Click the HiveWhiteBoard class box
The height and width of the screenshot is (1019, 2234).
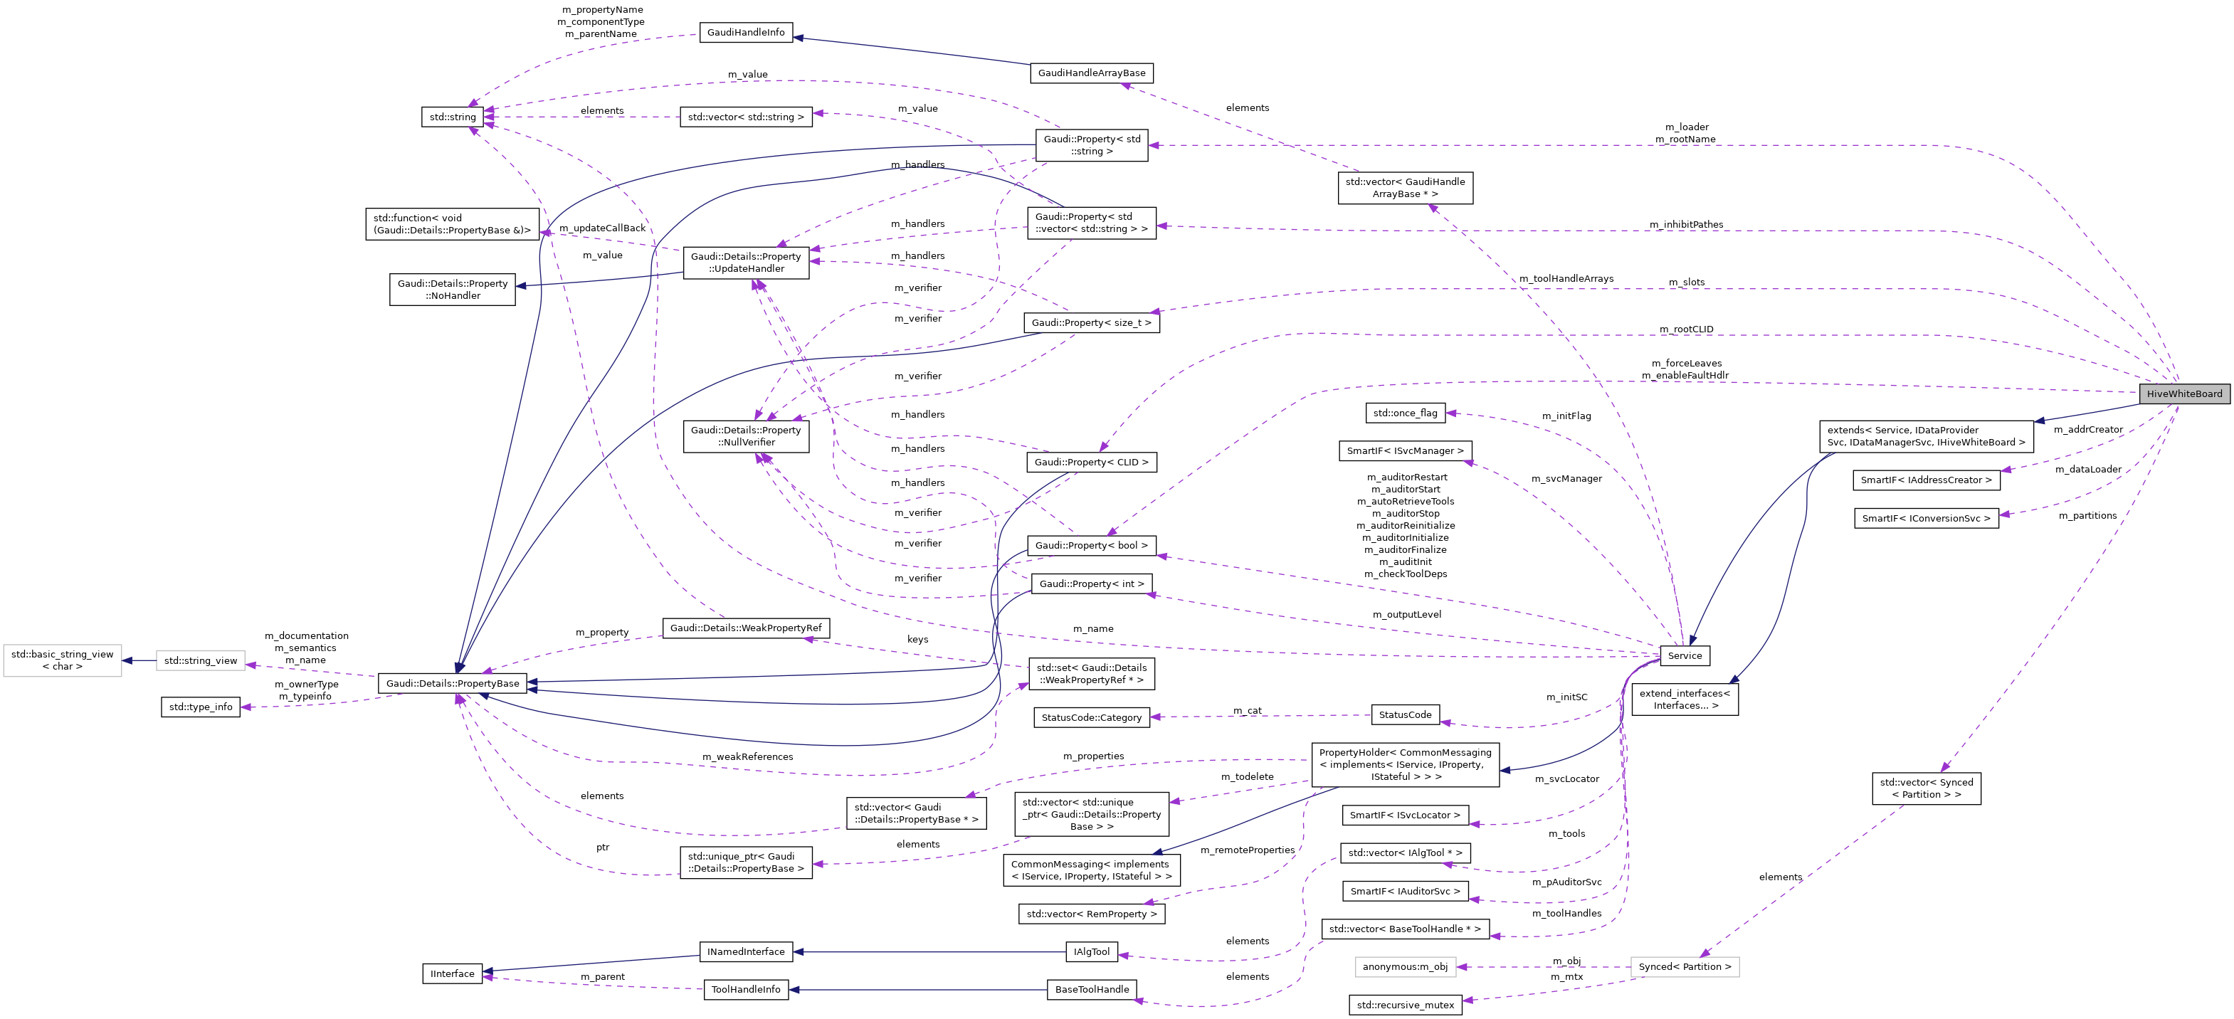pyautogui.click(x=2183, y=394)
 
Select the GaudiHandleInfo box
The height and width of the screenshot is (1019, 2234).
pyautogui.click(x=746, y=32)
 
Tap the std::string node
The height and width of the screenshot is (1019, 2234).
pyautogui.click(x=453, y=117)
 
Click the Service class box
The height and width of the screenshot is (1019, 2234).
pyautogui.click(x=1684, y=655)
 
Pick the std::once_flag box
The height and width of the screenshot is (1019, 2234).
pyautogui.click(x=1405, y=413)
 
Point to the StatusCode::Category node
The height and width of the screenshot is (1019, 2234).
pyautogui.click(x=1091, y=718)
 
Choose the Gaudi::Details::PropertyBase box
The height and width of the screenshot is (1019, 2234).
pyautogui.click(x=453, y=683)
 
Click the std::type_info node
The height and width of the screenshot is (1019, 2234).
pyautogui.click(x=200, y=707)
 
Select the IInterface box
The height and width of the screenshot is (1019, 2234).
pyautogui.click(x=453, y=974)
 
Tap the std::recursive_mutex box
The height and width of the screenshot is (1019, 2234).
pyautogui.click(x=1405, y=1005)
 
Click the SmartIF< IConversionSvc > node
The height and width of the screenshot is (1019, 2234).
pyautogui.click(x=1926, y=519)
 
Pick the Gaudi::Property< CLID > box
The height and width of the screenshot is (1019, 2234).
pyautogui.click(x=1091, y=463)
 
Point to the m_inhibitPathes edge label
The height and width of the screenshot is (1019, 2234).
pyautogui.click(x=1686, y=225)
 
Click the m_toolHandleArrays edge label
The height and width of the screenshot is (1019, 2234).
pyautogui.click(x=1566, y=278)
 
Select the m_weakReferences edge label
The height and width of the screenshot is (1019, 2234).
pyautogui.click(x=747, y=757)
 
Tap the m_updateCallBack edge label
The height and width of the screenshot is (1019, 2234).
pyautogui.click(x=602, y=228)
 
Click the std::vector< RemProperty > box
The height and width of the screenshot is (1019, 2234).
pyautogui.click(x=1091, y=914)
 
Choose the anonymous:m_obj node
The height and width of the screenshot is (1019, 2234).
pyautogui.click(x=1405, y=967)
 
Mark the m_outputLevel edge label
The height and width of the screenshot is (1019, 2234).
pyautogui.click(x=1406, y=615)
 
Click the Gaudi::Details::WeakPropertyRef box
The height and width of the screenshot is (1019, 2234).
pyautogui.click(x=746, y=628)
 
